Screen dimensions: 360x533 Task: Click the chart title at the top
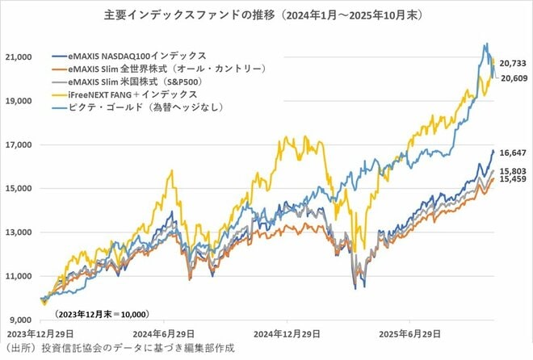coord(267,15)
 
